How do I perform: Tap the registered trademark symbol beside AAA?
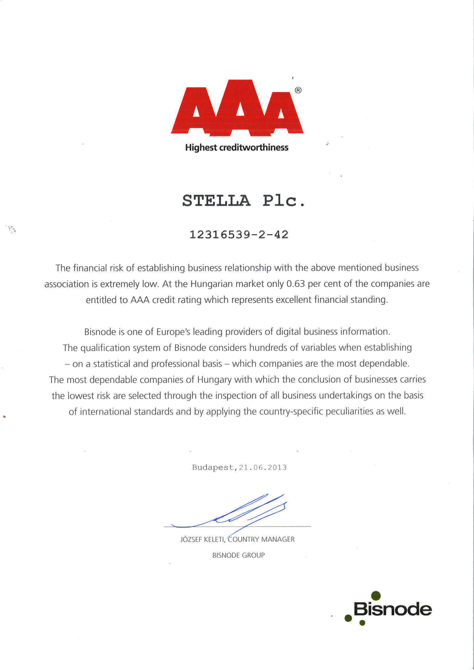(298, 90)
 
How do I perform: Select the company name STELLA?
(216, 201)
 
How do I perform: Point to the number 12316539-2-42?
(239, 235)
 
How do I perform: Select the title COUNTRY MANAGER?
(261, 540)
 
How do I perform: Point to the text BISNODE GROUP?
(238, 555)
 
